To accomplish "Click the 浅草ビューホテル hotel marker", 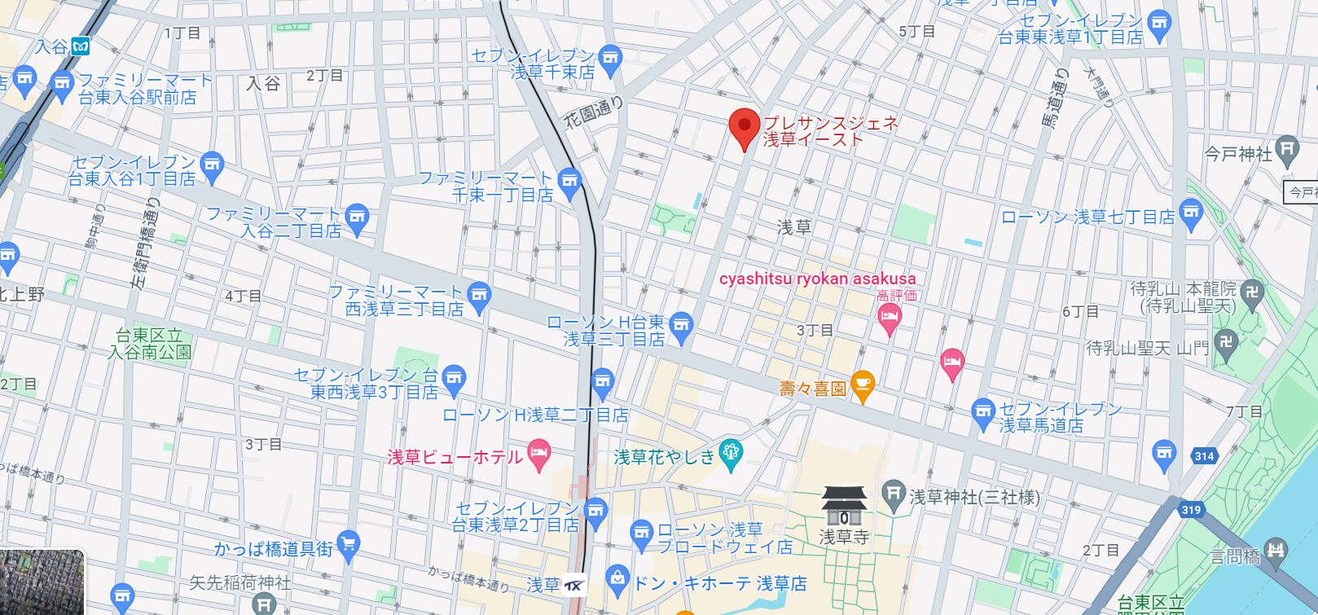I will (538, 455).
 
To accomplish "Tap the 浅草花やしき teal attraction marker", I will (731, 455).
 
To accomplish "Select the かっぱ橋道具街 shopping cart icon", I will (349, 544).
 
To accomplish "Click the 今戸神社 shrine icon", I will (1286, 149).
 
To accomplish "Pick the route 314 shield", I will (1204, 456).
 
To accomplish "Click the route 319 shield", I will (1190, 510).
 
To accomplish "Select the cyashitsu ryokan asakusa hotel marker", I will (889, 319).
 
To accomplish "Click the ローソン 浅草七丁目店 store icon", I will (1190, 213).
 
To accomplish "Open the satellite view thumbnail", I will (42, 582).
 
